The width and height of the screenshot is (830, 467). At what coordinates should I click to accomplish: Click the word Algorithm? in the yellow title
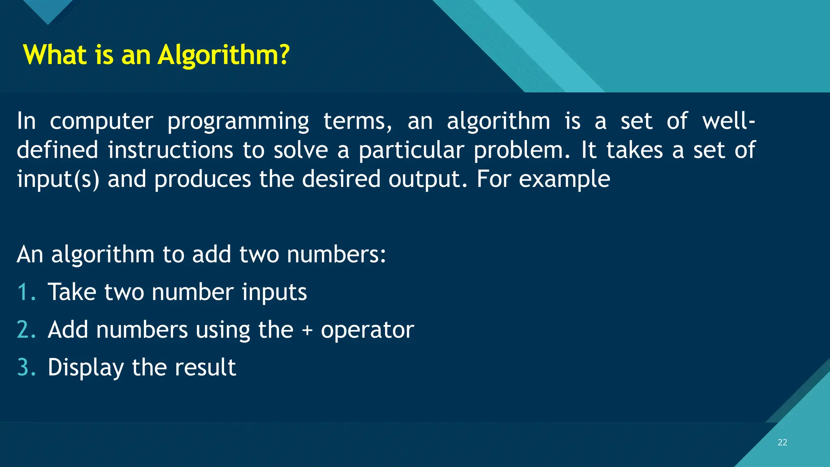[x=224, y=55]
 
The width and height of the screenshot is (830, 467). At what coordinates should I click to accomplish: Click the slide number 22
[x=782, y=442]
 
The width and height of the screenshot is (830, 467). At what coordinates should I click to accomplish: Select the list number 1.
[x=25, y=292]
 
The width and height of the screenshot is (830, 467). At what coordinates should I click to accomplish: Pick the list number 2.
[x=26, y=329]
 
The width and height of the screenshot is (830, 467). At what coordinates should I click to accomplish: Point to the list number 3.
[x=26, y=367]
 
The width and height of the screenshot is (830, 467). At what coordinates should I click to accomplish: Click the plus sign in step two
[x=307, y=330]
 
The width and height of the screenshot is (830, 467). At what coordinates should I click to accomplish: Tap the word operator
[x=367, y=330]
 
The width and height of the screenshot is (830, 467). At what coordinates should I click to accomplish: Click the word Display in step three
[x=86, y=368]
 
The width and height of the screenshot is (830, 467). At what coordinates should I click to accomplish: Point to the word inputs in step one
[x=274, y=293]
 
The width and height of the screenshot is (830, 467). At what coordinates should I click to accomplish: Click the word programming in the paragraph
[x=238, y=122]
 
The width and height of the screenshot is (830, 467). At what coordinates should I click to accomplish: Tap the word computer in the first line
[x=101, y=122]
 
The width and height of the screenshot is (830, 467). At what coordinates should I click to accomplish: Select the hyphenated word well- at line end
[x=728, y=121]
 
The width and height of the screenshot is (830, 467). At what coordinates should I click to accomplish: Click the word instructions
[x=170, y=150]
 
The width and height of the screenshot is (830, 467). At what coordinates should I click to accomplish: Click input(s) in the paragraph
[x=58, y=179]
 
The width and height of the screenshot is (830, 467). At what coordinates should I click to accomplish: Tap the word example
[x=564, y=179]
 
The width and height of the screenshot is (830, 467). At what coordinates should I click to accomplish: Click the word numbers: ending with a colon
[x=336, y=255]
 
